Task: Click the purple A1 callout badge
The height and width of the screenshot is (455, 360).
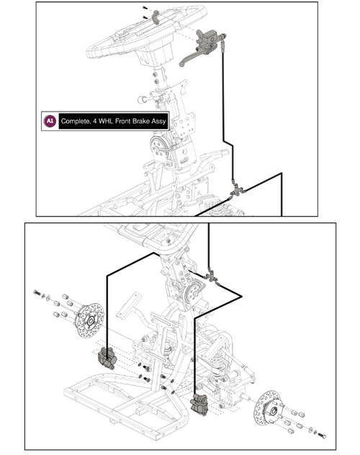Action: [50, 121]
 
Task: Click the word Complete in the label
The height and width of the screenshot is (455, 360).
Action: [76, 121]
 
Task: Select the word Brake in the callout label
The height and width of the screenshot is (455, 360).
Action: [147, 121]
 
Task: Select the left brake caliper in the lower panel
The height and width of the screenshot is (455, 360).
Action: [106, 358]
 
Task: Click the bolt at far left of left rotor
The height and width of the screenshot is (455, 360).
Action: [36, 292]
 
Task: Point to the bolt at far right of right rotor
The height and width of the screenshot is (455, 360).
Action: [321, 435]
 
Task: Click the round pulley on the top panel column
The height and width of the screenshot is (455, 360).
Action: [157, 147]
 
